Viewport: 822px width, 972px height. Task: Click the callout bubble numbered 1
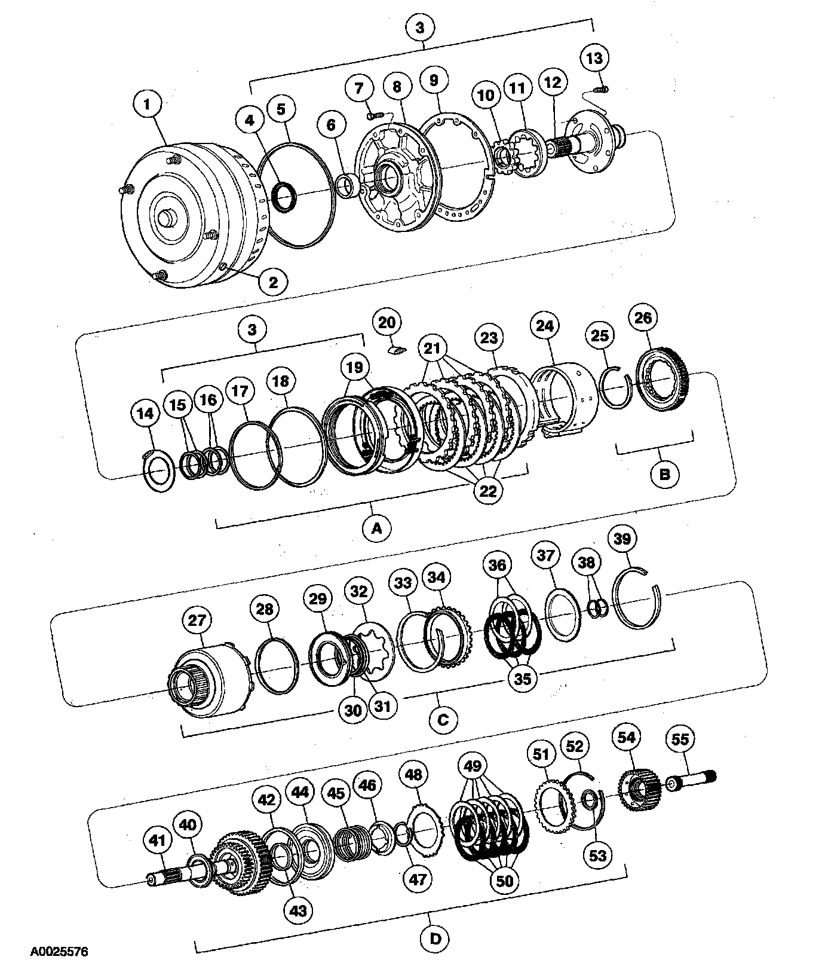147,104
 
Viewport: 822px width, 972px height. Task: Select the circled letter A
376,528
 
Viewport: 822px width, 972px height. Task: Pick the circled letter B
664,475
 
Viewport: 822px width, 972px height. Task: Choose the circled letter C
443,719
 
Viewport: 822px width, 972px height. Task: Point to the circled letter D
435,938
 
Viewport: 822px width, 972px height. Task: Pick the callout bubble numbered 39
622,539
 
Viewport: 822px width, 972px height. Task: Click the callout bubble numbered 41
157,840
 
